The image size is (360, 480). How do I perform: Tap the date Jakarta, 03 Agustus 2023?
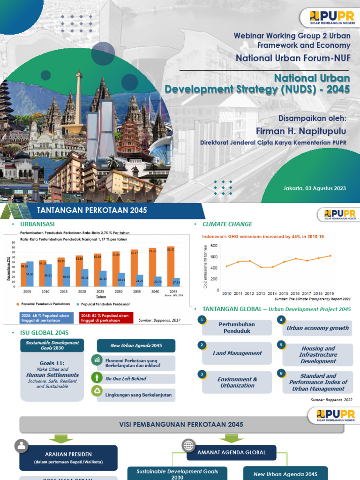point(315,188)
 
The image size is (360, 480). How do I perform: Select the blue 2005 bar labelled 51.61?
point(30,274)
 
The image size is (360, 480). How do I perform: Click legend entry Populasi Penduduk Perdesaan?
point(107,304)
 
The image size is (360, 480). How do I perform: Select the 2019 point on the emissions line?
point(330,255)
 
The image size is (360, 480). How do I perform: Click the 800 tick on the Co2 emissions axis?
point(214,246)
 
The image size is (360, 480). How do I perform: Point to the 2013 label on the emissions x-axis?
point(261,293)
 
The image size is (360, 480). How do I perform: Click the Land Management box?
point(237,353)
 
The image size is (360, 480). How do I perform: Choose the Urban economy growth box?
point(318,328)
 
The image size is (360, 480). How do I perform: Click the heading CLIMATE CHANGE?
point(227,224)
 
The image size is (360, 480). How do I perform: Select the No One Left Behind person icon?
point(97,377)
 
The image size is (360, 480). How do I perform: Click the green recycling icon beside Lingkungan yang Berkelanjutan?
point(97,391)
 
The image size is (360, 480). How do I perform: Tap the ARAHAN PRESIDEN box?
point(68,457)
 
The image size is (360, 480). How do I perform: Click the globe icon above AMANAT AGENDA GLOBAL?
point(189,445)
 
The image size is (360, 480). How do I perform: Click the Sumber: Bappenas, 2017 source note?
point(160,321)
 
